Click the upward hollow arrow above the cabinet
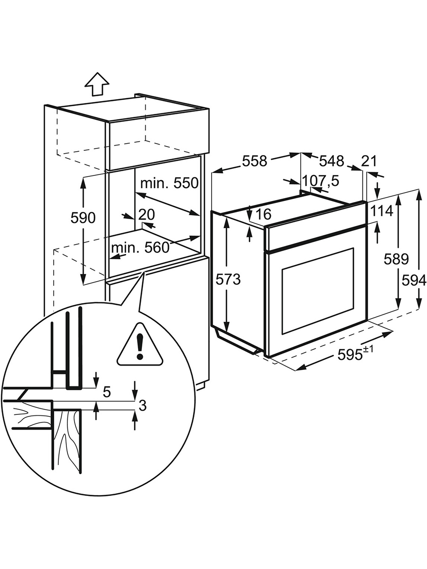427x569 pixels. tap(97, 85)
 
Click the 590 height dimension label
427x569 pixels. tap(83, 218)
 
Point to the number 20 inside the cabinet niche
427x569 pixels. tap(147, 215)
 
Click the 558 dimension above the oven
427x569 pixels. tap(255, 161)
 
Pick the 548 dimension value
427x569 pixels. tap(331, 161)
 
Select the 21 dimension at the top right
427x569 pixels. tap(369, 161)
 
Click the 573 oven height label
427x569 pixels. tap(228, 280)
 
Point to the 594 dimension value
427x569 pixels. tap(414, 281)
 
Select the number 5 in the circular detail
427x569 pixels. tap(107, 392)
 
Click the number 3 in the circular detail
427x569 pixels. tap(142, 405)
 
